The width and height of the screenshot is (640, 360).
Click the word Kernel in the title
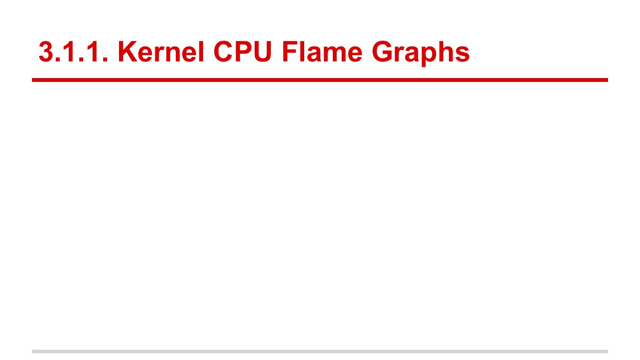[x=160, y=52]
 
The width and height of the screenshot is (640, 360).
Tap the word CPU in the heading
[x=242, y=52]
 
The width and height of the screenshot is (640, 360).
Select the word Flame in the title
[x=322, y=52]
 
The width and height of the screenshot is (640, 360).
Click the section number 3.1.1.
[x=73, y=52]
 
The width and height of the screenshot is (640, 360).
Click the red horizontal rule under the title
[x=320, y=80]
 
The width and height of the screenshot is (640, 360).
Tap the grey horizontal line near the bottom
[x=320, y=351]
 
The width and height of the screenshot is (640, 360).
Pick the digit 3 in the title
[x=46, y=52]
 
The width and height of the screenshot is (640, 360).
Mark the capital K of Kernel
[x=127, y=52]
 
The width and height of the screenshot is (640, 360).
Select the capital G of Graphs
[x=383, y=52]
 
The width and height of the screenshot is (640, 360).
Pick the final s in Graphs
[x=463, y=54]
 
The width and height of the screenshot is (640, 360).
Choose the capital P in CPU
[x=242, y=52]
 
